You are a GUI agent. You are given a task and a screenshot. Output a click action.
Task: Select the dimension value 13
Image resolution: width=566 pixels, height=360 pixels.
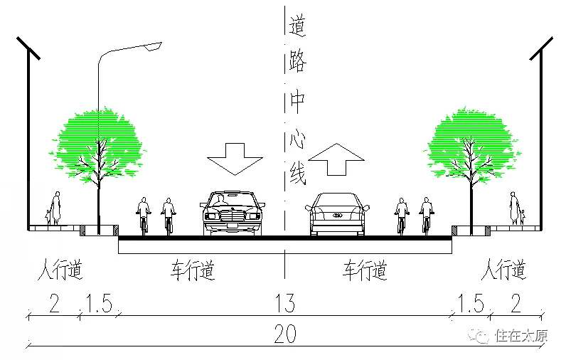[284, 304]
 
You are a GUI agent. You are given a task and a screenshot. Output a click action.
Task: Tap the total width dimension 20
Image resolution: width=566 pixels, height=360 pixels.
[285, 334]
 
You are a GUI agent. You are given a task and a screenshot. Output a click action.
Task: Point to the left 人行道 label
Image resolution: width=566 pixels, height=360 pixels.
[60, 270]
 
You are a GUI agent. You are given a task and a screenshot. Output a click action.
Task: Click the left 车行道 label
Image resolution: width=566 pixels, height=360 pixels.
[193, 270]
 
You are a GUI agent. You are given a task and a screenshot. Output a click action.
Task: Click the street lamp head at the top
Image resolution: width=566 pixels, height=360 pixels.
[151, 46]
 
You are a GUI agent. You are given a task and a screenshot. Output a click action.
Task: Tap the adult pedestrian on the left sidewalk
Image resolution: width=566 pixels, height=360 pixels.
[56, 208]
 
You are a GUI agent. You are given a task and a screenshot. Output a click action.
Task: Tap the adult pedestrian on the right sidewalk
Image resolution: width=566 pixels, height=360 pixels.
[513, 208]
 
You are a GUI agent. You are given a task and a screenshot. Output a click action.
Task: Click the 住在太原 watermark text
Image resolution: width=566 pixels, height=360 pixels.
[522, 336]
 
